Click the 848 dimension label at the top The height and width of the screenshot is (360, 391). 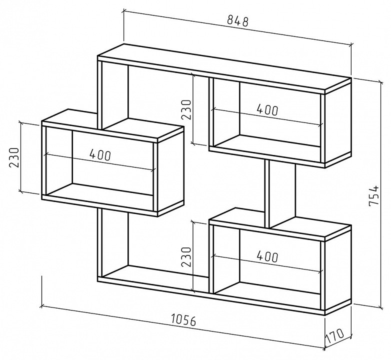click(238, 21)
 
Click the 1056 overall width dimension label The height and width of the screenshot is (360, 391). click(184, 320)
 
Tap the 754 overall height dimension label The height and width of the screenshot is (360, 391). click(374, 195)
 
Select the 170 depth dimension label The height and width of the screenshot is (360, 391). click(335, 336)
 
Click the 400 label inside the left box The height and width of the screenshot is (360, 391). click(99, 154)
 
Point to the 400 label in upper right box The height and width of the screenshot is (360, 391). click(267, 109)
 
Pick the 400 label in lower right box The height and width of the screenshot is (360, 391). click(267, 256)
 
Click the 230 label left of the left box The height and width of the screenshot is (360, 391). click(14, 158)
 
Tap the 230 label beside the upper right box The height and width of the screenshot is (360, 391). click(186, 109)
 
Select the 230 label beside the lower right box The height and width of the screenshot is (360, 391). click(186, 257)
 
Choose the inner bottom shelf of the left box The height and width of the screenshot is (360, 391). click(99, 190)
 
